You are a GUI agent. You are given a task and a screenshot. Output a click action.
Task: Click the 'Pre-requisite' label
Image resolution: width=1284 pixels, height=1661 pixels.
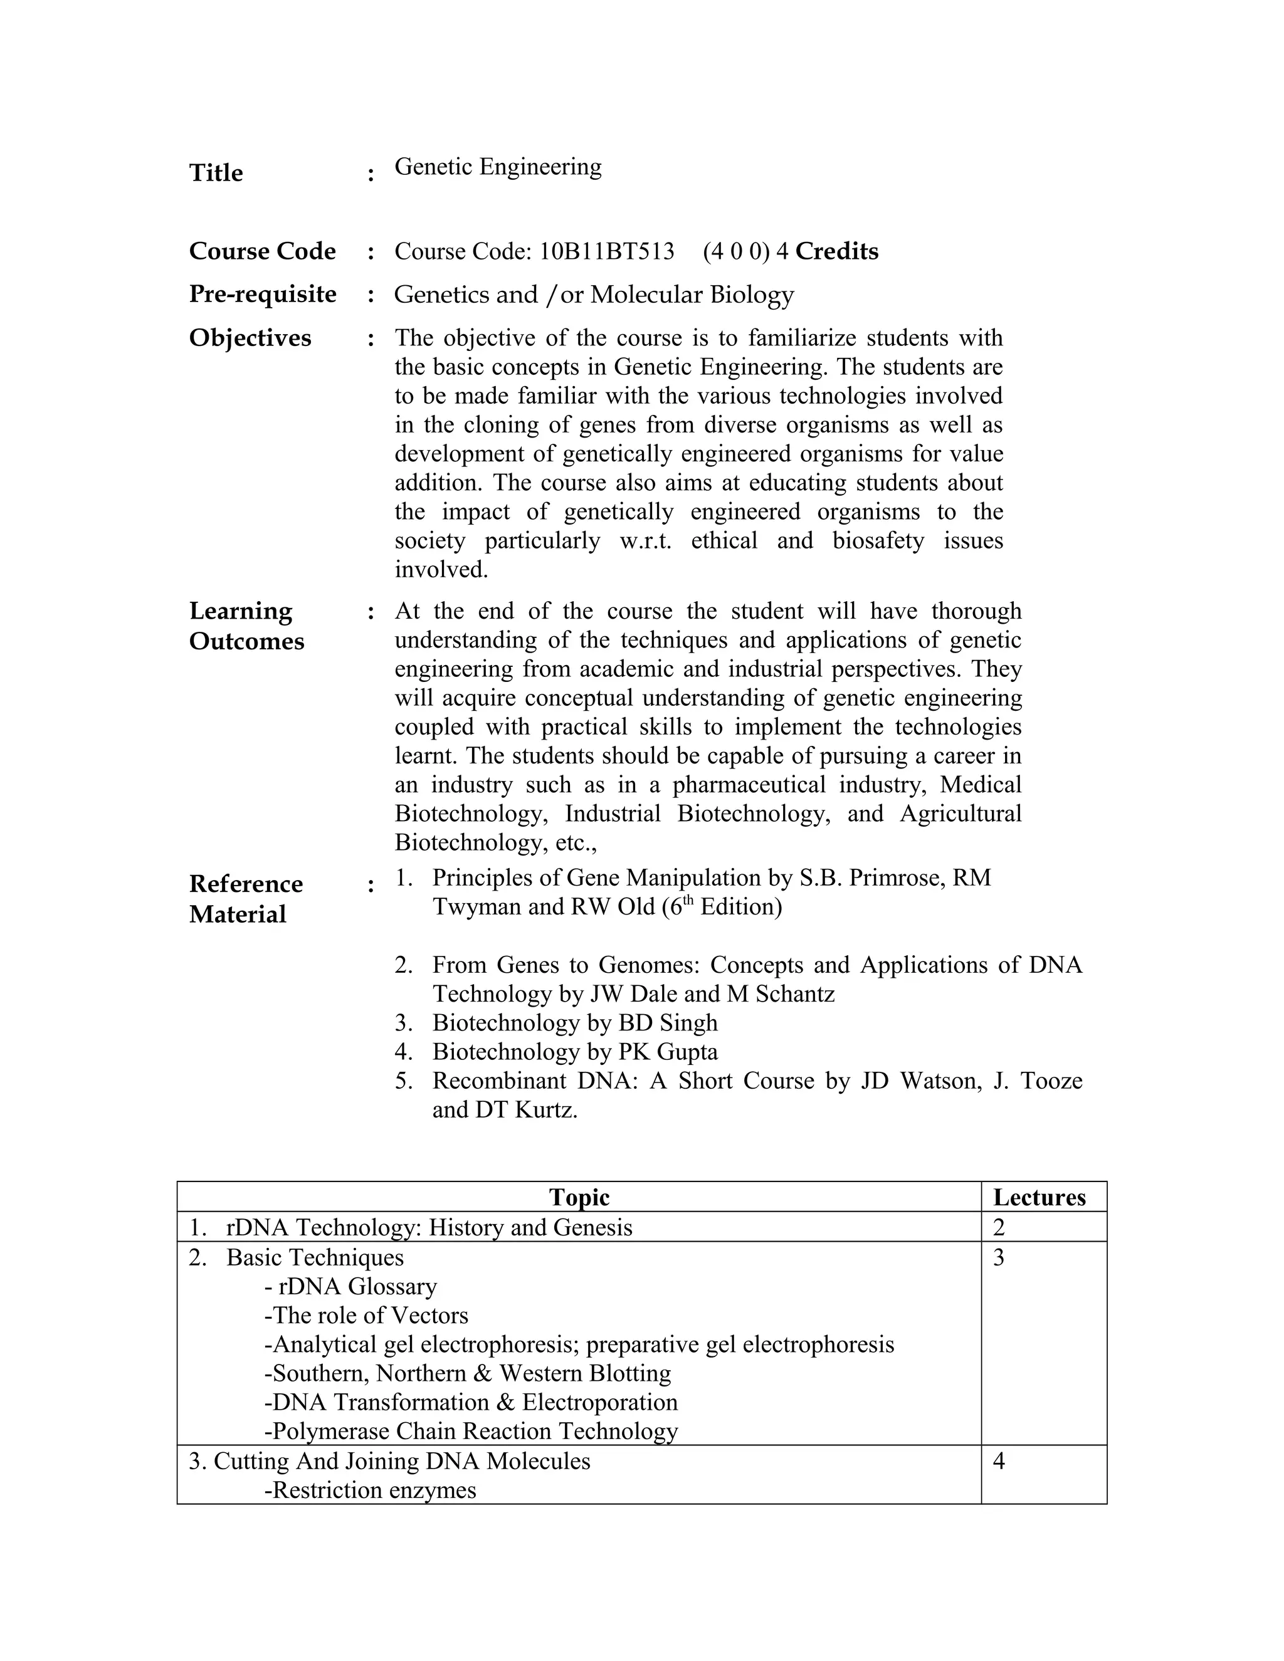coord(263,295)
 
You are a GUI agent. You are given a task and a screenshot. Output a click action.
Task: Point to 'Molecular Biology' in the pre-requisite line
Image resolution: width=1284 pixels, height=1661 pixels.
coord(692,295)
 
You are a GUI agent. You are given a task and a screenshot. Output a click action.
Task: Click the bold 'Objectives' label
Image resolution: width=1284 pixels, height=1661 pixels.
coord(250,338)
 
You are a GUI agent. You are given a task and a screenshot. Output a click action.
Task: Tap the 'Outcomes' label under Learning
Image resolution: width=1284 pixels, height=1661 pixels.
coord(246,641)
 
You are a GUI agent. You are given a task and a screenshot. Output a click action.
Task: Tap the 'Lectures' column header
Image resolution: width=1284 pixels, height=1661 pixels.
coord(1039,1197)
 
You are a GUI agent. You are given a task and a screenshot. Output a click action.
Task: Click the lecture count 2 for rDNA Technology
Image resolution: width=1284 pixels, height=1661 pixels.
coord(999,1227)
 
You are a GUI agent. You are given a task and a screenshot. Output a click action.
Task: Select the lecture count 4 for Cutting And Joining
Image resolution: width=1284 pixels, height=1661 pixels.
coord(999,1461)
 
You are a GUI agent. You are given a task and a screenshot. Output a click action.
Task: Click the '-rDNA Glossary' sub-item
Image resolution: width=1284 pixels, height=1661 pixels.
coord(350,1286)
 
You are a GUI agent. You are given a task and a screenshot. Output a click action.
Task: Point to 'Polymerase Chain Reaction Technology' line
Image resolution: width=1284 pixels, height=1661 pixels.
coord(471,1432)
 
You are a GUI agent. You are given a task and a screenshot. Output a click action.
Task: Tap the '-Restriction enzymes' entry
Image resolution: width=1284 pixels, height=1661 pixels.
coord(371,1490)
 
